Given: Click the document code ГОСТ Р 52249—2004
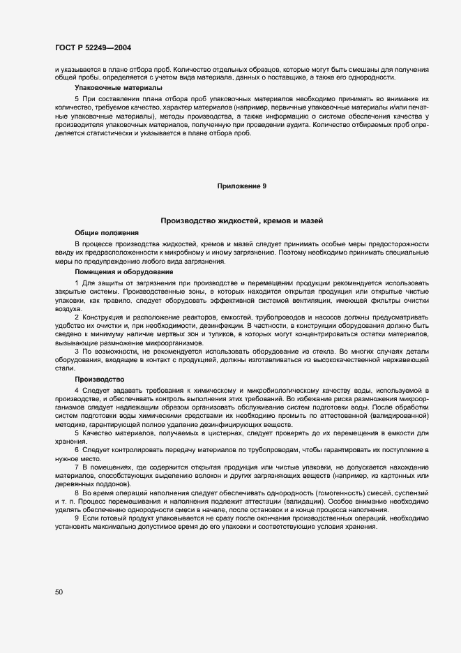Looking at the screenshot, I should point(93,47).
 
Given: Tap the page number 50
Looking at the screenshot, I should point(59,592).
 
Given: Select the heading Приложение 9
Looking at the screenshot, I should point(241,186).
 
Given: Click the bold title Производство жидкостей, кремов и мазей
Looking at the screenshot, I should point(241,220).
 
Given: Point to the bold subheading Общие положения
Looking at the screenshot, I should point(107,232).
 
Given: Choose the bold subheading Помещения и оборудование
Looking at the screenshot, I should point(120,271).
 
